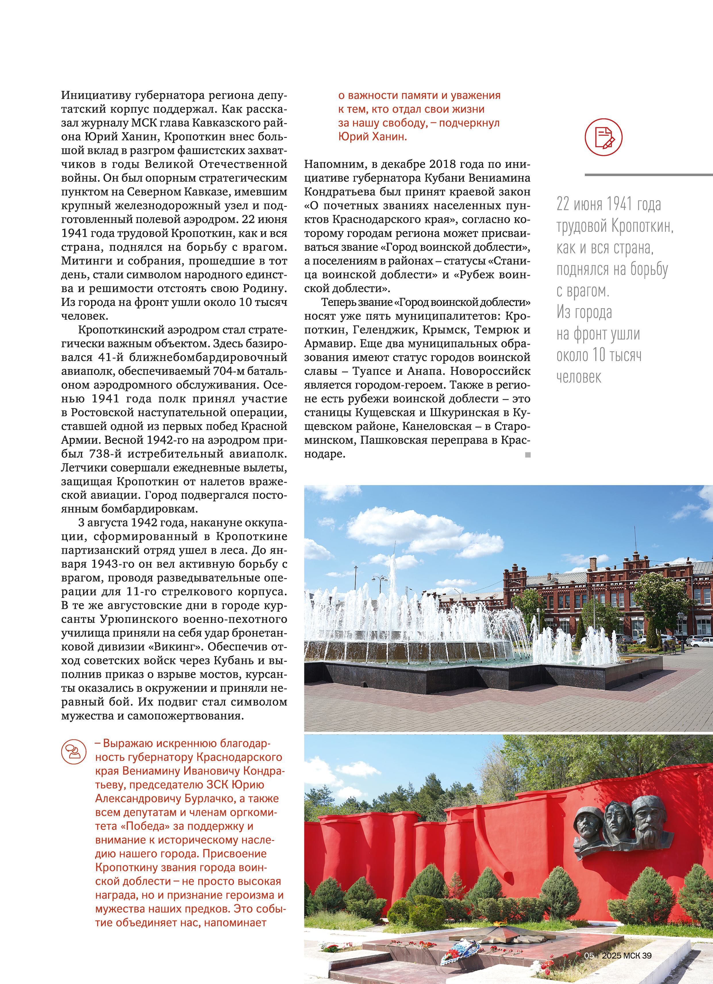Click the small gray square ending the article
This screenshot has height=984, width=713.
[528, 455]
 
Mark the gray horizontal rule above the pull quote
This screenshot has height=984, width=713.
[649, 175]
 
